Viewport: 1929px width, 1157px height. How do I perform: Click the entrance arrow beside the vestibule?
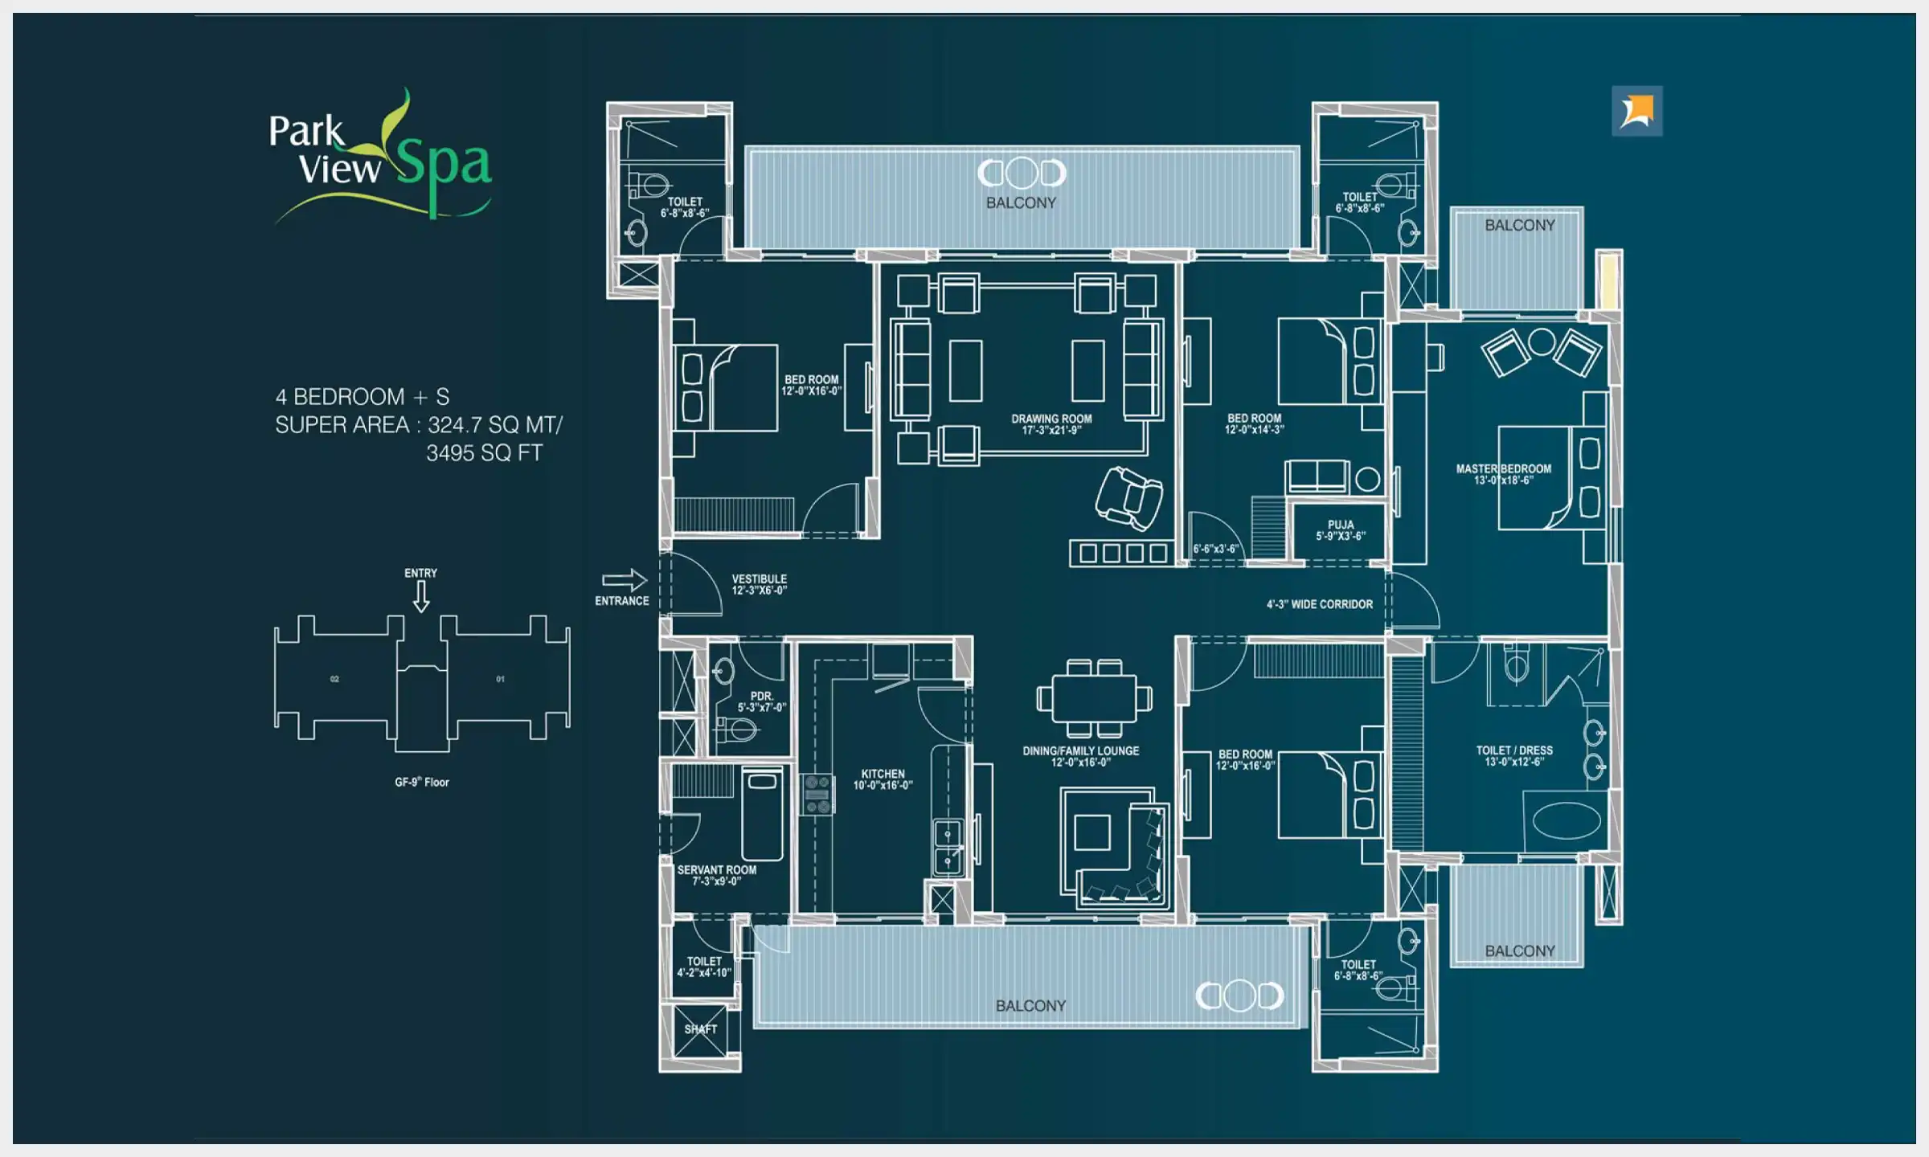(624, 580)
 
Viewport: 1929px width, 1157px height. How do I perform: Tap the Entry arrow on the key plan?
(421, 595)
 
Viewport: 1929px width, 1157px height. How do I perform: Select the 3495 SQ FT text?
(484, 453)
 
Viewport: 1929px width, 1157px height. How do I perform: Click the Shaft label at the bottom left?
(700, 1029)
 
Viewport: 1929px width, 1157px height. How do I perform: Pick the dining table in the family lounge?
(1094, 698)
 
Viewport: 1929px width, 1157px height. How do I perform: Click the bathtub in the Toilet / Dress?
(1566, 821)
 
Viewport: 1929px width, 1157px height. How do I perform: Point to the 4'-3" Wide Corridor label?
(1319, 604)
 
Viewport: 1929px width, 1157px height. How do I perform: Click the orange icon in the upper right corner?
(1636, 111)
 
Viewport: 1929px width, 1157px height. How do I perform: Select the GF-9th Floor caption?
(421, 782)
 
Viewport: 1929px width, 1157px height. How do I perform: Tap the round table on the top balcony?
(1022, 172)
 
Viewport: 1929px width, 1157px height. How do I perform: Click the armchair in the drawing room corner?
(1128, 498)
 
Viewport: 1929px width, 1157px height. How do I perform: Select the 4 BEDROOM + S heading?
(362, 397)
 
